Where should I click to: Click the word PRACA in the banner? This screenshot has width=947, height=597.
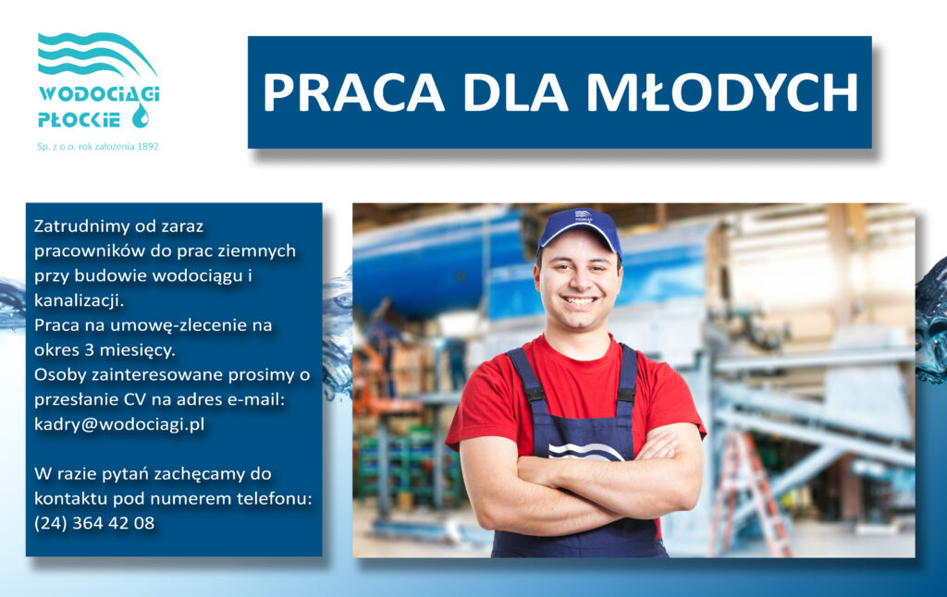point(354,92)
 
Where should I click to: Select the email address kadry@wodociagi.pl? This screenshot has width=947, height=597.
point(119,424)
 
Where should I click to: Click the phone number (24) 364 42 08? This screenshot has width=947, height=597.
point(94,523)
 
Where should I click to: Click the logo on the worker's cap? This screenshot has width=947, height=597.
point(583,215)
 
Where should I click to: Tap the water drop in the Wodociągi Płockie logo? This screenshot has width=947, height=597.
point(141,115)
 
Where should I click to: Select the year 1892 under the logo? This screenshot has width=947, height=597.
point(148,147)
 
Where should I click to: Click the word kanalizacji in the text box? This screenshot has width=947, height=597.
point(79,300)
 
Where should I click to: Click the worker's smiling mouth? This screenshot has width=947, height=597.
point(579,300)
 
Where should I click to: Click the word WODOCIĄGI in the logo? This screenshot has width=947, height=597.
point(99,94)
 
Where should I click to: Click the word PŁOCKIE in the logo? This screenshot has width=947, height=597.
point(80,119)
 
